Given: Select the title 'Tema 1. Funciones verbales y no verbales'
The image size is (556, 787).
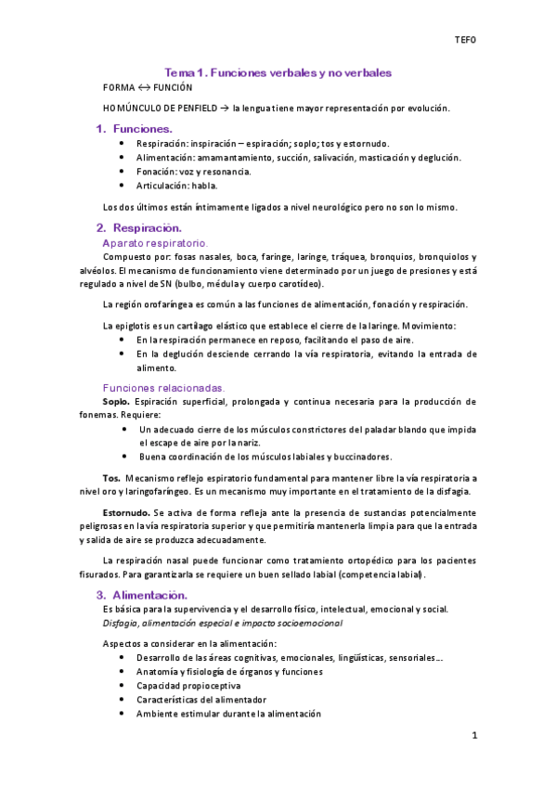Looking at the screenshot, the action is [x=278, y=71].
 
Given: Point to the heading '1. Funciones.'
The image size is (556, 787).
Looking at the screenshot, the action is [x=135, y=129].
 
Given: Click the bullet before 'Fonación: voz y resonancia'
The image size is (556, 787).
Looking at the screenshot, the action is [x=124, y=172].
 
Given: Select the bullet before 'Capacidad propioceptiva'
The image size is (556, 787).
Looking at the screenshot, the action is [x=124, y=686].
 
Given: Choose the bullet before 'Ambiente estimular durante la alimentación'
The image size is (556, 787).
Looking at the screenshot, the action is [x=124, y=714].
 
